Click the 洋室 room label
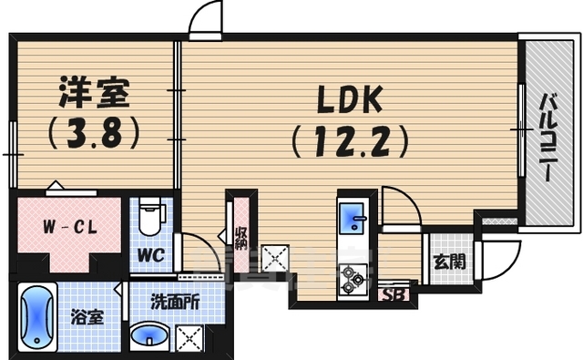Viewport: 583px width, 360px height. tap(94, 94)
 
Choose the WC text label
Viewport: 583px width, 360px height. tap(151, 255)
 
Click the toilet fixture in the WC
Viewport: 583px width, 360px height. tap(151, 215)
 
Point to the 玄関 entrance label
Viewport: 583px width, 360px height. tap(446, 261)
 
